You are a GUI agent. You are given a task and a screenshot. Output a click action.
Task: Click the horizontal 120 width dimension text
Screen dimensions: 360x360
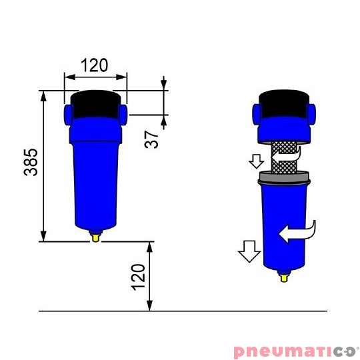95,65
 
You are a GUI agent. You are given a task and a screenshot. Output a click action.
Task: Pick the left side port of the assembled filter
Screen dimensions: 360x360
68,113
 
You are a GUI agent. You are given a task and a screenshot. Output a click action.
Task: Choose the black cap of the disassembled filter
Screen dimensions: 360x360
284,102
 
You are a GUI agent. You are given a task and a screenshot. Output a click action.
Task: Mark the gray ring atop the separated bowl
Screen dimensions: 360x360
284,177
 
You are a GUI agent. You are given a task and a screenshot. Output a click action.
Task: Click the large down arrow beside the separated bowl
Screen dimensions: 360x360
249,252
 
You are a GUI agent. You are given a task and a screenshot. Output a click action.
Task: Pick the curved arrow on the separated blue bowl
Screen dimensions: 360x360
299,232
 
